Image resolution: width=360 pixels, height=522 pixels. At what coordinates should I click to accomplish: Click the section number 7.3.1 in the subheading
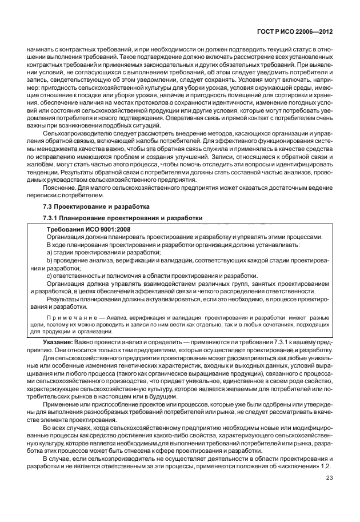tap(53, 218)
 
